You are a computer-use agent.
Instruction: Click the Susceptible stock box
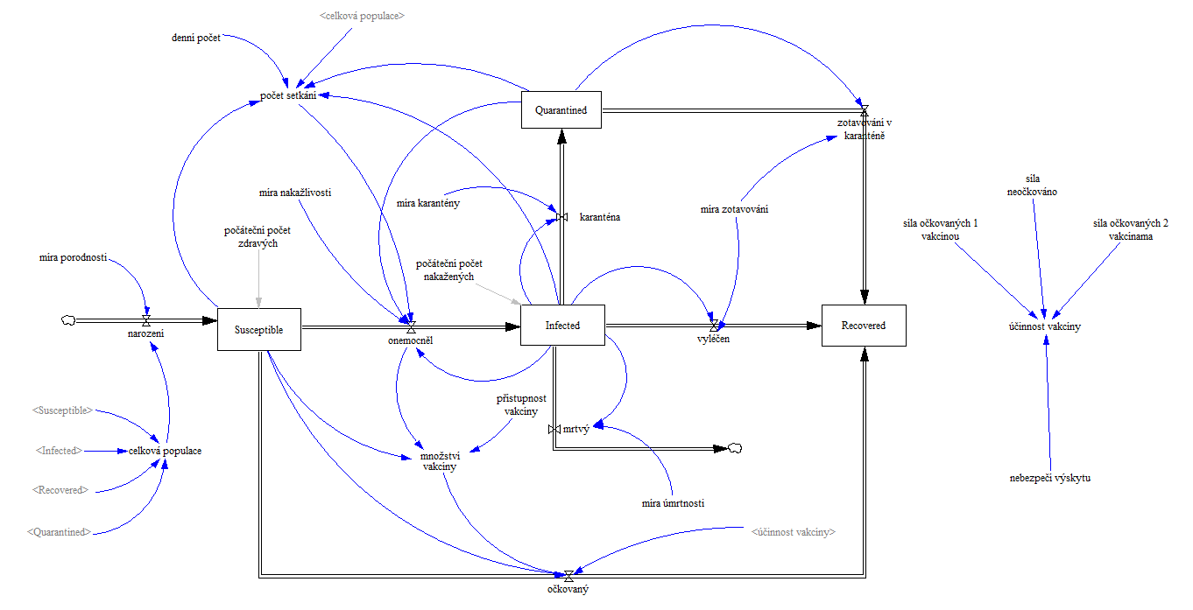pyautogui.click(x=258, y=329)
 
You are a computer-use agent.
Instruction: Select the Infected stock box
pyautogui.click(x=562, y=326)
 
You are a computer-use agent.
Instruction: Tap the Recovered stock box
pyautogui.click(x=863, y=326)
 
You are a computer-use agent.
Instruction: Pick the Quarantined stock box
pyautogui.click(x=561, y=110)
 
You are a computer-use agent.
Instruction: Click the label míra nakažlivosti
pyautogui.click(x=295, y=192)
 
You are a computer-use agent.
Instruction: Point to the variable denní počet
pyautogui.click(x=196, y=39)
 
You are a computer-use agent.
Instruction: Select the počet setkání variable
pyautogui.click(x=288, y=95)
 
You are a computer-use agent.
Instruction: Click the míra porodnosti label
pyautogui.click(x=73, y=257)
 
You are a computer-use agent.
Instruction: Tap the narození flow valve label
pyautogui.click(x=146, y=333)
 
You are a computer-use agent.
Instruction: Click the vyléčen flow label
pyautogui.click(x=714, y=338)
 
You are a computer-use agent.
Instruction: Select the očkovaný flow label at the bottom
pyautogui.click(x=568, y=589)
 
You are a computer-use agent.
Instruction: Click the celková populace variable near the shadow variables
pyautogui.click(x=165, y=451)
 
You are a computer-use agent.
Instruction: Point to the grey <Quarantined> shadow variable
pyautogui.click(x=59, y=531)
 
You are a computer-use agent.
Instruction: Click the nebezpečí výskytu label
pyautogui.click(x=1049, y=478)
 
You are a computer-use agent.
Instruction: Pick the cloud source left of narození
pyautogui.click(x=66, y=320)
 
